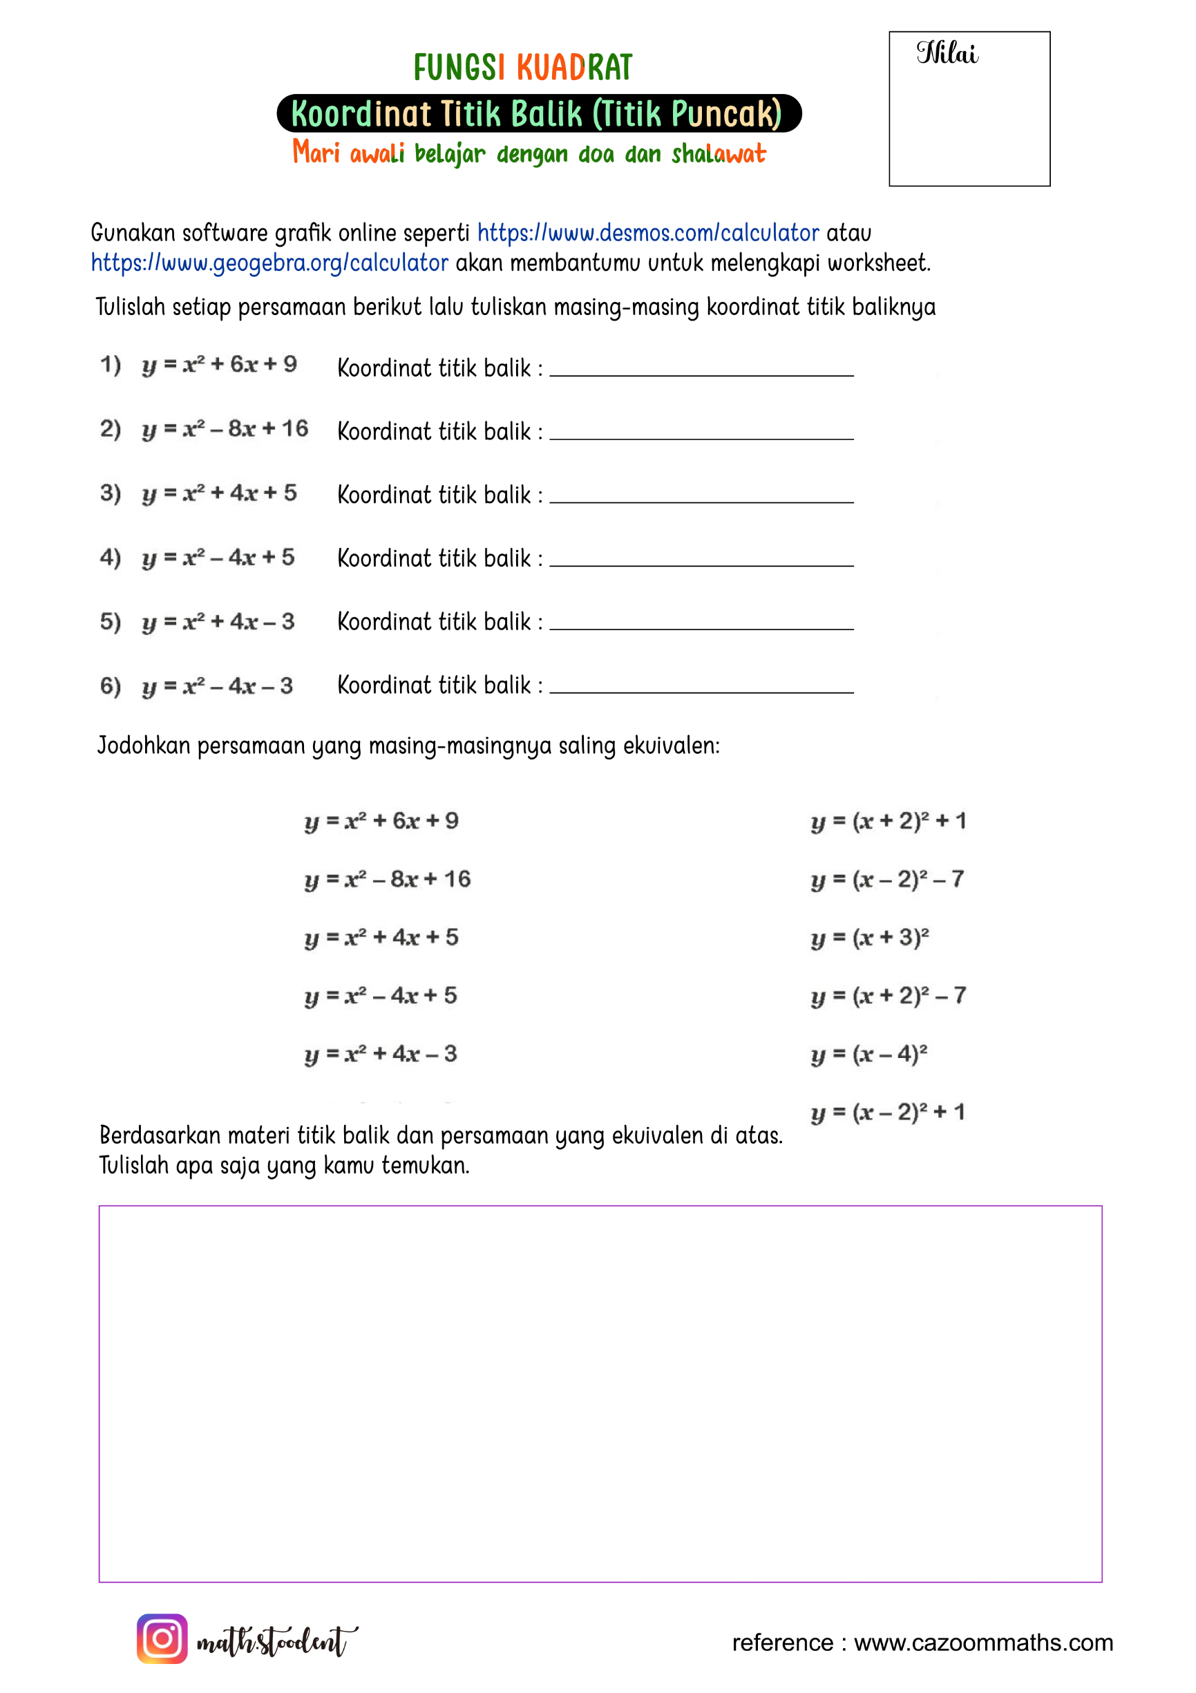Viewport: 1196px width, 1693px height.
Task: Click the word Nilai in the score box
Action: pyautogui.click(x=947, y=54)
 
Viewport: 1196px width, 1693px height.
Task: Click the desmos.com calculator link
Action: pyautogui.click(x=647, y=233)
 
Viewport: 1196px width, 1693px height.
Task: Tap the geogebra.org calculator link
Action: pyautogui.click(x=269, y=263)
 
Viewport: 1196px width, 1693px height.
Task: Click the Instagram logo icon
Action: pyautogui.click(x=162, y=1638)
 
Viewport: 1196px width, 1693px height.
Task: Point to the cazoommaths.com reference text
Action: pyautogui.click(x=922, y=1642)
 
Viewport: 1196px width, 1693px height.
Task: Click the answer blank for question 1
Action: pyautogui.click(x=701, y=369)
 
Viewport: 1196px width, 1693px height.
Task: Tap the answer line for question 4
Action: pyautogui.click(x=701, y=559)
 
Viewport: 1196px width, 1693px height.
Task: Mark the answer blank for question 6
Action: pyautogui.click(x=701, y=685)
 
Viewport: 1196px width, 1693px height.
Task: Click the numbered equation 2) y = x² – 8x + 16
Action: pyautogui.click(x=205, y=429)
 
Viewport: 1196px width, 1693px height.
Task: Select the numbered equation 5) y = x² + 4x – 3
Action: pyautogui.click(x=197, y=622)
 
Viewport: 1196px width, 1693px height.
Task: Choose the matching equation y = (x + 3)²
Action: pyautogui.click(x=869, y=938)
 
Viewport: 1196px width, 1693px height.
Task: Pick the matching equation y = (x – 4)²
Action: pyautogui.click(x=868, y=1054)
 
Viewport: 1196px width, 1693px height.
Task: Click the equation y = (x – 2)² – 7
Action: pyautogui.click(x=887, y=880)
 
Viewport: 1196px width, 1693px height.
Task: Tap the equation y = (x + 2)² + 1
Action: pyautogui.click(x=888, y=822)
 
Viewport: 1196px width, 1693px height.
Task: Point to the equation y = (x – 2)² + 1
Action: pyautogui.click(x=887, y=1113)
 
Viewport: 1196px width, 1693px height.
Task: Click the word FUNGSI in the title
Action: pyautogui.click(x=459, y=68)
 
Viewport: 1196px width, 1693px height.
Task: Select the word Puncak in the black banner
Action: pyautogui.click(x=725, y=114)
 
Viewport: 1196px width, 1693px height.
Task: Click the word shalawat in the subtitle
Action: pyautogui.click(x=718, y=154)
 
